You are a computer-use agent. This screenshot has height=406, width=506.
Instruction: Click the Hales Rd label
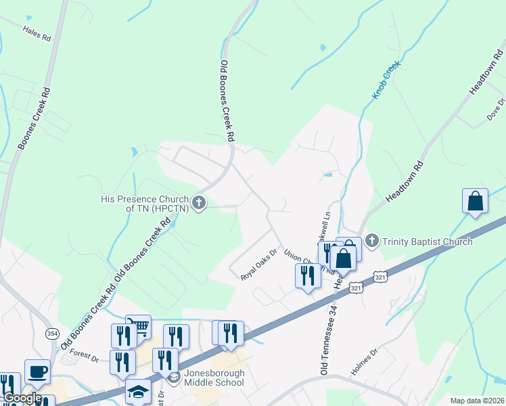(x=37, y=34)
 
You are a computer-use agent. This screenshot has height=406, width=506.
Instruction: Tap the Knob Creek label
(x=386, y=80)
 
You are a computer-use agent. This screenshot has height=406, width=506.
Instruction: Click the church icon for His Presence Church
(x=199, y=202)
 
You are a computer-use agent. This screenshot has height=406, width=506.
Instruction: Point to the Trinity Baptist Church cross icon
(x=371, y=240)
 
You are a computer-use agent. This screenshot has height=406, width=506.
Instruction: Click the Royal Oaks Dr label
(x=260, y=267)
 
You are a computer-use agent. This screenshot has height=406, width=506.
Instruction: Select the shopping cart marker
(x=140, y=327)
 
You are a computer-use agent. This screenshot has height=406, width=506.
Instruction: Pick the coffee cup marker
(x=37, y=371)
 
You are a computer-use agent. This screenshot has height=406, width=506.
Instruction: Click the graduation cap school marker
(x=137, y=391)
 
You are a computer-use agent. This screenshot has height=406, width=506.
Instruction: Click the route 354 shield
(x=52, y=334)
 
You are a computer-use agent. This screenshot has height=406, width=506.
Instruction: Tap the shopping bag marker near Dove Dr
(x=475, y=201)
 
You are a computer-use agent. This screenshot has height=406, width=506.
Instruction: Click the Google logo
(x=22, y=398)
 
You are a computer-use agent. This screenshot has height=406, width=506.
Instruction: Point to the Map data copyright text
(x=477, y=401)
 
